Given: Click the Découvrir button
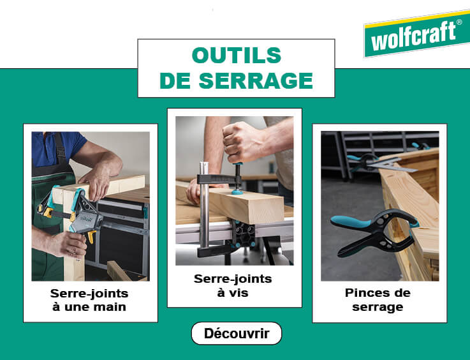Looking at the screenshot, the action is point(237,333).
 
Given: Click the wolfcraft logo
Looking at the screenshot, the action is point(417,34).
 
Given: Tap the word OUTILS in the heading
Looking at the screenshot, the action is point(237,56).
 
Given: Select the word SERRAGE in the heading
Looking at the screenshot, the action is point(256,80).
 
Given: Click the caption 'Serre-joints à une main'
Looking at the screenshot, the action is point(89,300).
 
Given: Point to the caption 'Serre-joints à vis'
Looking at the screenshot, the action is point(233,285).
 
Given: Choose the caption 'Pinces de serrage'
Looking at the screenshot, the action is point(378,300).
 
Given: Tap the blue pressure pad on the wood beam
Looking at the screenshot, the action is point(238,191).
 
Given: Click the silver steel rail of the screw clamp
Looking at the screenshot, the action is point(204,204).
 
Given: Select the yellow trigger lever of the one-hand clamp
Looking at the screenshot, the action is point(91,236).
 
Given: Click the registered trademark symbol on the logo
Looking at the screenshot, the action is point(459,22).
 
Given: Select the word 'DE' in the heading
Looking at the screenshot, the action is point(175,80).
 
